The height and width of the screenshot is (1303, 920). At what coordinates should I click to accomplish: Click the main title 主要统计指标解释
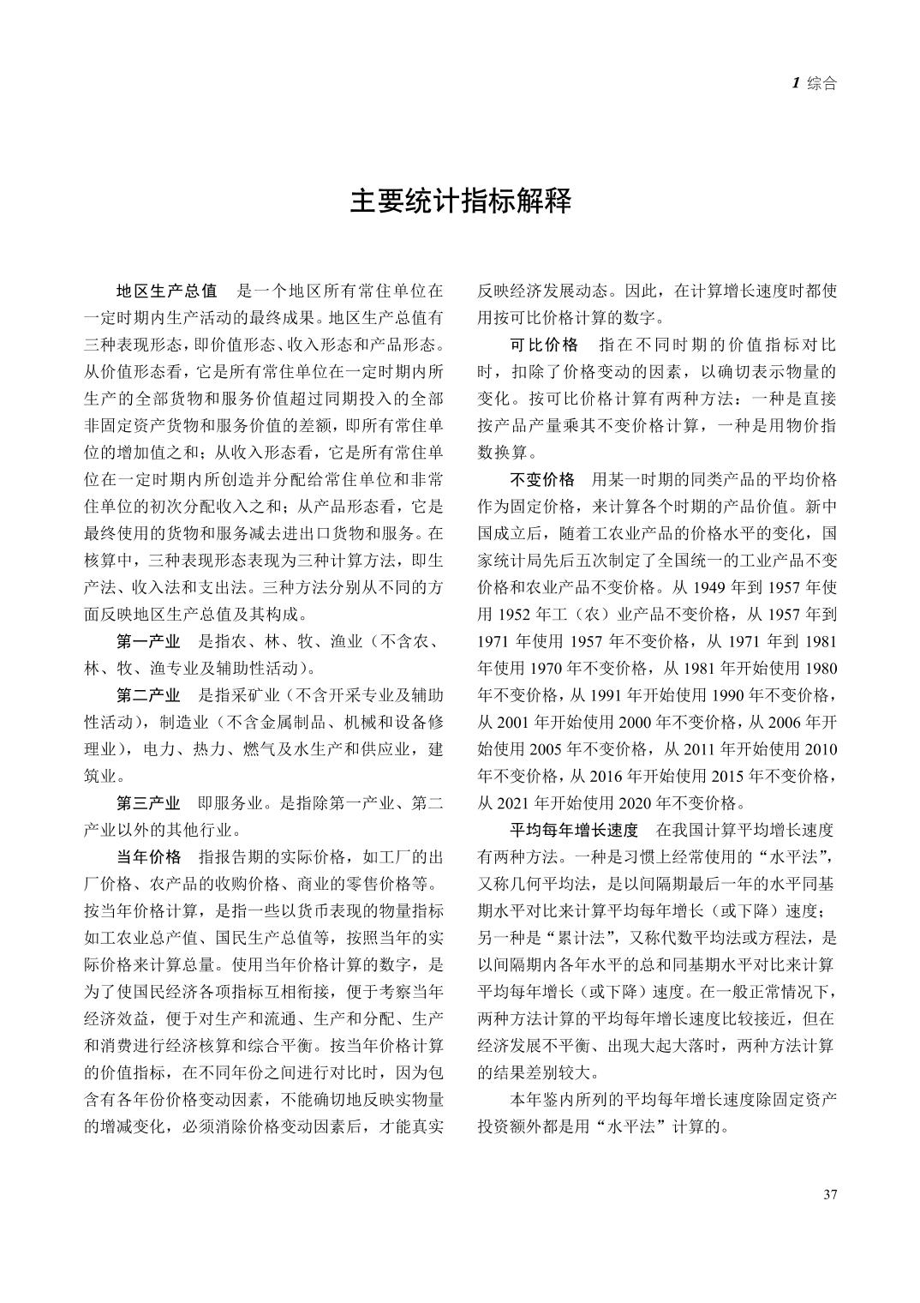[460, 202]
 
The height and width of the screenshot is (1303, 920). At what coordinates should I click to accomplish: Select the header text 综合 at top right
[821, 84]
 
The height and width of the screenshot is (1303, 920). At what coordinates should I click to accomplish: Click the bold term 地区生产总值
[167, 291]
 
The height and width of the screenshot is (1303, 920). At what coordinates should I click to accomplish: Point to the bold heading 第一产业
[148, 641]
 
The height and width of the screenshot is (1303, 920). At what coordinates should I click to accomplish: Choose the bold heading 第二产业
[148, 694]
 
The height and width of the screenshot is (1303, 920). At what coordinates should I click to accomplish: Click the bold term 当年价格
[148, 856]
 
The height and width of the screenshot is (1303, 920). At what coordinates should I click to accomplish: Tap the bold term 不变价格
[542, 479]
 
